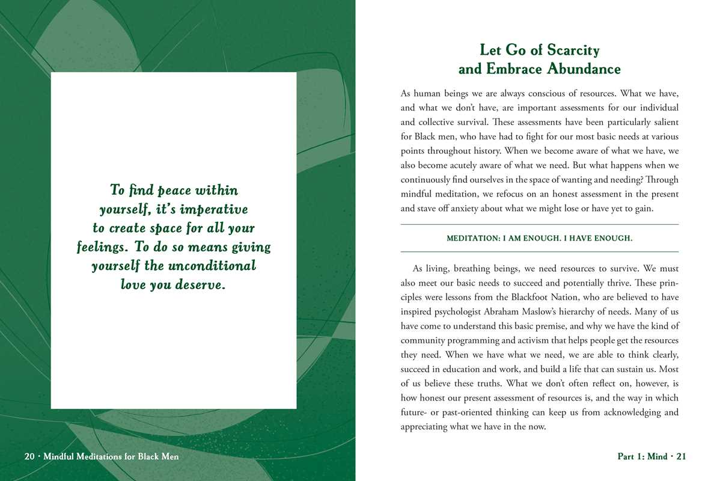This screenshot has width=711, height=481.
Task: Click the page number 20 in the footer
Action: point(29,457)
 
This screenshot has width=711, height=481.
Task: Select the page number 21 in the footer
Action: point(681,457)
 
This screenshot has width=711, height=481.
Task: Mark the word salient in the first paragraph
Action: point(663,122)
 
